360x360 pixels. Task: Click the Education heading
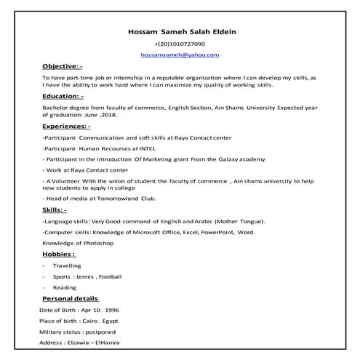(x=63, y=95)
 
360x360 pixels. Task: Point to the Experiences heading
(x=68, y=126)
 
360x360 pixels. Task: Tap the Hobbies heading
(x=59, y=255)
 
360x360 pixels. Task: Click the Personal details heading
(x=71, y=298)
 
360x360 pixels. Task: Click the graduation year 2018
(x=117, y=115)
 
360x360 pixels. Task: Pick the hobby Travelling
(x=68, y=265)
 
